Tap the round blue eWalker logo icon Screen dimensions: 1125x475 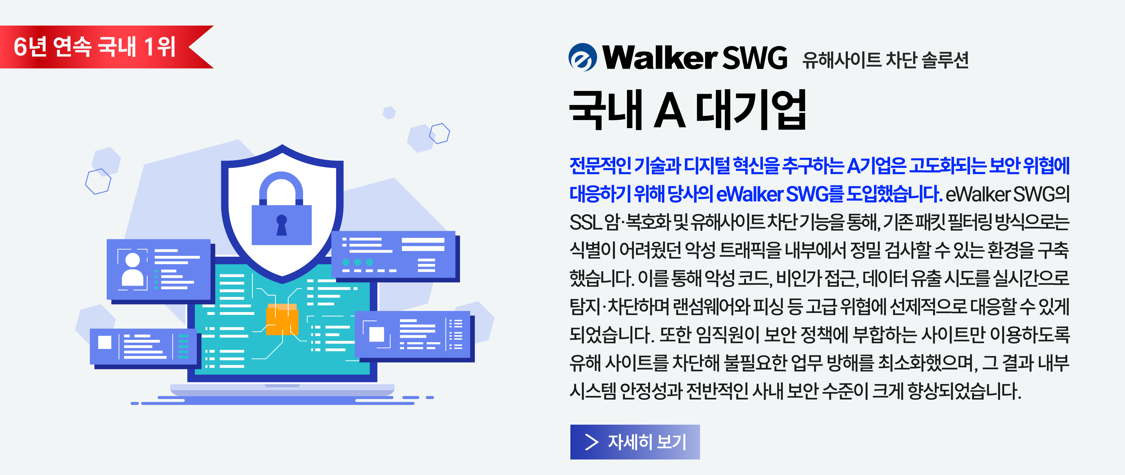(583, 57)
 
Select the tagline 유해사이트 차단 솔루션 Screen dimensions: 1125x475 (885, 60)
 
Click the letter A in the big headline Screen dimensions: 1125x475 (669, 110)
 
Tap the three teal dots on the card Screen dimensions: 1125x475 (358, 262)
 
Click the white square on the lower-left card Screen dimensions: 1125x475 (105, 342)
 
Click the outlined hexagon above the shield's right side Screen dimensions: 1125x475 (439, 133)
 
